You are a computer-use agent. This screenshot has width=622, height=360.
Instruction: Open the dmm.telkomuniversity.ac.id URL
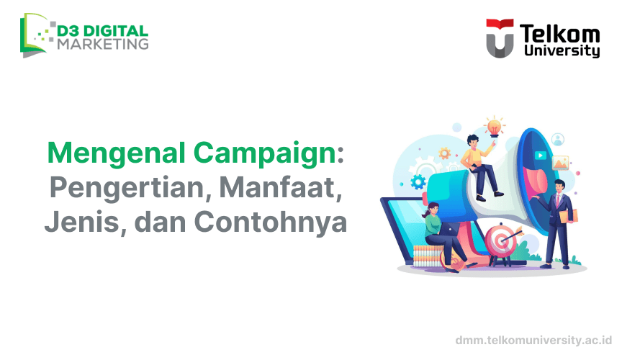coord(533,338)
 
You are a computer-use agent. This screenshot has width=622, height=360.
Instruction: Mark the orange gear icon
coord(445,153)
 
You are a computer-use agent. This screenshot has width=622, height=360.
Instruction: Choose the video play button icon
coord(539,155)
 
